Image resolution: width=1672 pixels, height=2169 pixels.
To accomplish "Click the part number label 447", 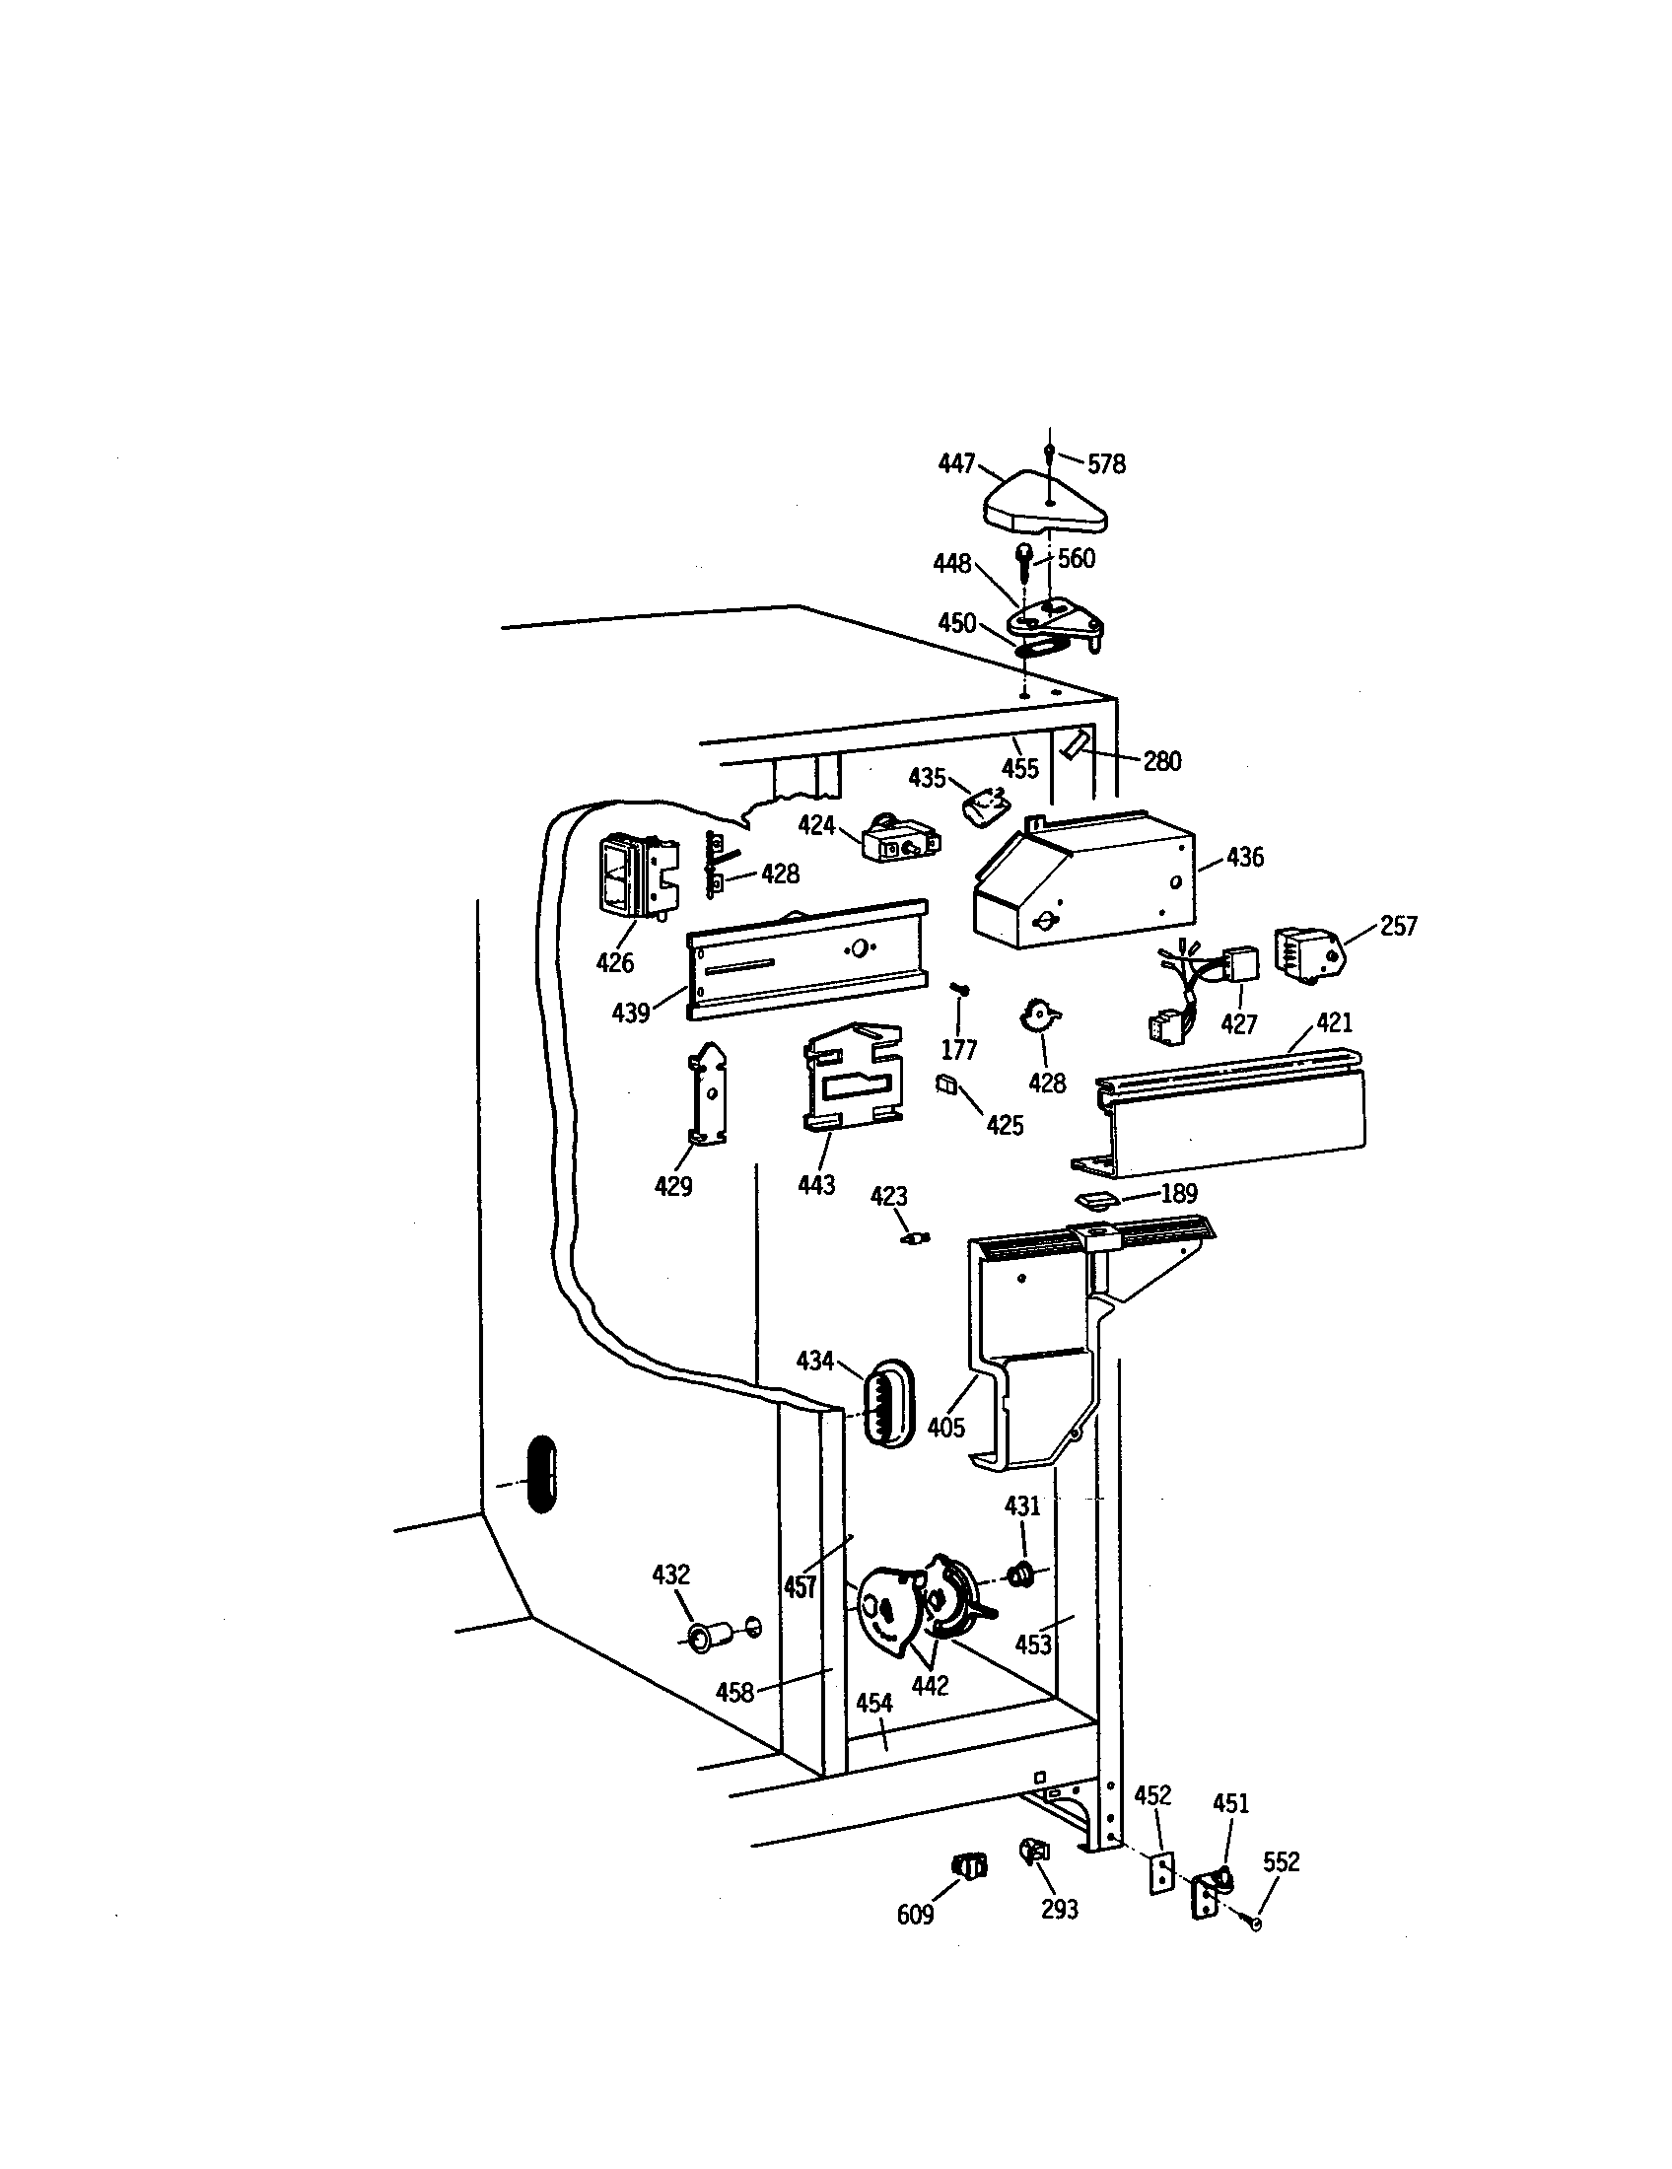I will point(956,463).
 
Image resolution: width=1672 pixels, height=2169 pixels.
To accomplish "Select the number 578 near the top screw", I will point(1106,463).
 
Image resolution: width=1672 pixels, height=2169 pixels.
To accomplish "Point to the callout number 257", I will point(1398,926).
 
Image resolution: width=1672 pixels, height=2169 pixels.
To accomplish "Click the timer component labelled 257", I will point(1309,954).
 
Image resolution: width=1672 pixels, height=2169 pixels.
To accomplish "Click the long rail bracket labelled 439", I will point(806,959).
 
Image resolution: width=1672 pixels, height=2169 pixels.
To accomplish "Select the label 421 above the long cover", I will point(1335,1022).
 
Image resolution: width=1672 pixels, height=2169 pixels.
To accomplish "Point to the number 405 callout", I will point(945,1428).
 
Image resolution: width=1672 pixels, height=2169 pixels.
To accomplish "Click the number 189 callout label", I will point(1178,1194).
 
